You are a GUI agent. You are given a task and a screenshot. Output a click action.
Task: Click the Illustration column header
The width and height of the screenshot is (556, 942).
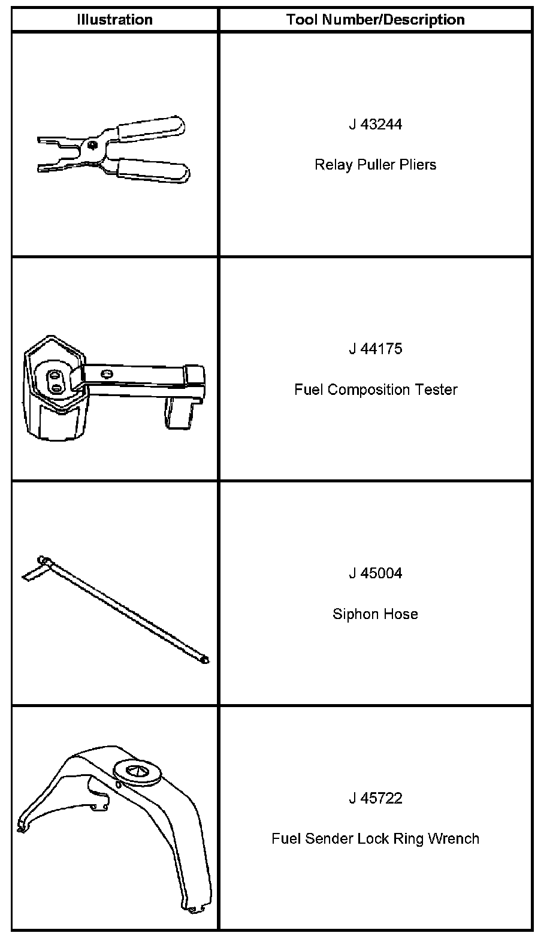coord(114,20)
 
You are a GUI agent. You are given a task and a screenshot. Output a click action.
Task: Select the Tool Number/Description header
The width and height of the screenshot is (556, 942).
coord(375,20)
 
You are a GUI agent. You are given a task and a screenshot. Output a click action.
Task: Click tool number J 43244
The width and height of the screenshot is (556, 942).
coord(375,125)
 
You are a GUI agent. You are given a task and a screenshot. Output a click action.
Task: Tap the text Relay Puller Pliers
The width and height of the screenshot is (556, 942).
coord(375,165)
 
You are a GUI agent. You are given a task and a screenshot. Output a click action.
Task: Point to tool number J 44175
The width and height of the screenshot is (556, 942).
coord(375,349)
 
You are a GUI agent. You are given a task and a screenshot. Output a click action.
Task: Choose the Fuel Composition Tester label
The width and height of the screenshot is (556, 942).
coord(375,390)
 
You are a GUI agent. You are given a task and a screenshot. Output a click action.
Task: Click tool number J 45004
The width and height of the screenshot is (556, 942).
coord(375,573)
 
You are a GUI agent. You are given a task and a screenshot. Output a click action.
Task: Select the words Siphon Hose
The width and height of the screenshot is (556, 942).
coord(375,614)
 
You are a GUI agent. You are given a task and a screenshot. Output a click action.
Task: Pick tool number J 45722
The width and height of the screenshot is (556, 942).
coord(375,798)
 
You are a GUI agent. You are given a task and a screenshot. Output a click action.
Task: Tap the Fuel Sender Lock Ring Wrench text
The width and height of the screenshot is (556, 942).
coord(375,838)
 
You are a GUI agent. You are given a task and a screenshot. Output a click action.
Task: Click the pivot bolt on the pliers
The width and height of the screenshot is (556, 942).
coord(92,144)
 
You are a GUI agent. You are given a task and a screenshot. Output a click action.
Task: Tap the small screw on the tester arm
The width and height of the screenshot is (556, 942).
coord(107,375)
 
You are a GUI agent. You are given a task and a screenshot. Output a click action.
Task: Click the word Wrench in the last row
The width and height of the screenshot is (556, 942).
coord(454,838)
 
